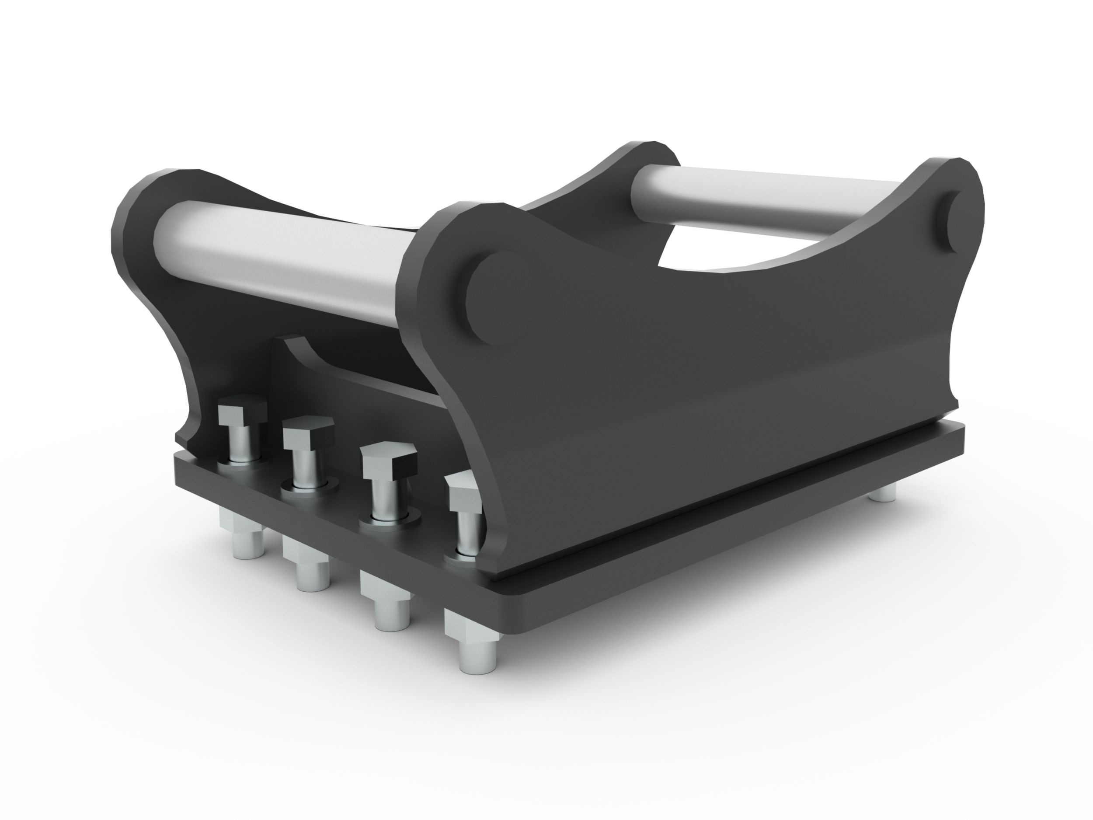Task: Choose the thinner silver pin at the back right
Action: (x=771, y=198)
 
